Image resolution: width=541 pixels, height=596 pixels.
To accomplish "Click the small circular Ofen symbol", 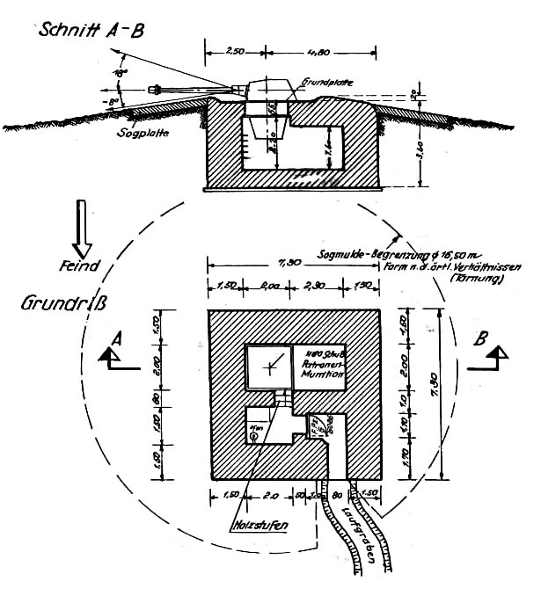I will [253, 436].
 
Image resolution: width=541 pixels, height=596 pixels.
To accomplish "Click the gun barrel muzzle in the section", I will [157, 88].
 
